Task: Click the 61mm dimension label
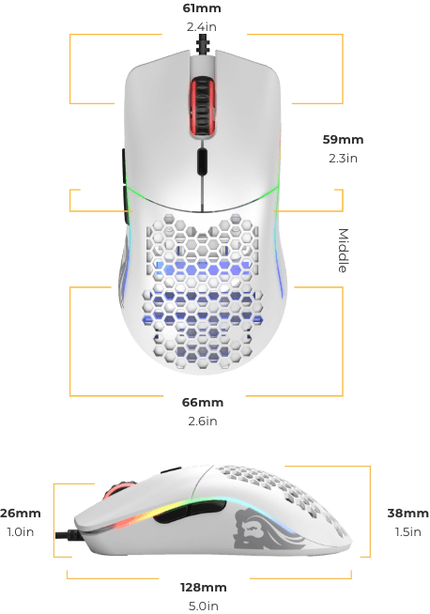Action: point(202,8)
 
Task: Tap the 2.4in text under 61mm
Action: point(202,27)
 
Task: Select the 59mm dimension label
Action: point(343,139)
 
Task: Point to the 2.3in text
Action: point(343,159)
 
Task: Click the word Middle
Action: point(343,251)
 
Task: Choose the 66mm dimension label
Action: point(203,403)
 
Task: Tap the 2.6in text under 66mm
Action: point(203,422)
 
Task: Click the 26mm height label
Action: point(21,514)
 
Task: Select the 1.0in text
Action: point(21,532)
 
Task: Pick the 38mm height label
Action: point(408,514)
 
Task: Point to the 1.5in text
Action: point(408,532)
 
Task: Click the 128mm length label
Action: point(203,588)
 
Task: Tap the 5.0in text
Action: point(203,606)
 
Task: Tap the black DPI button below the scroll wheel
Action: point(202,161)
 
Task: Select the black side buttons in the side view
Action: point(190,511)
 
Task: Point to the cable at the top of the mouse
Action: point(203,44)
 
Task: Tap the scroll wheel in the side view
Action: point(118,489)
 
